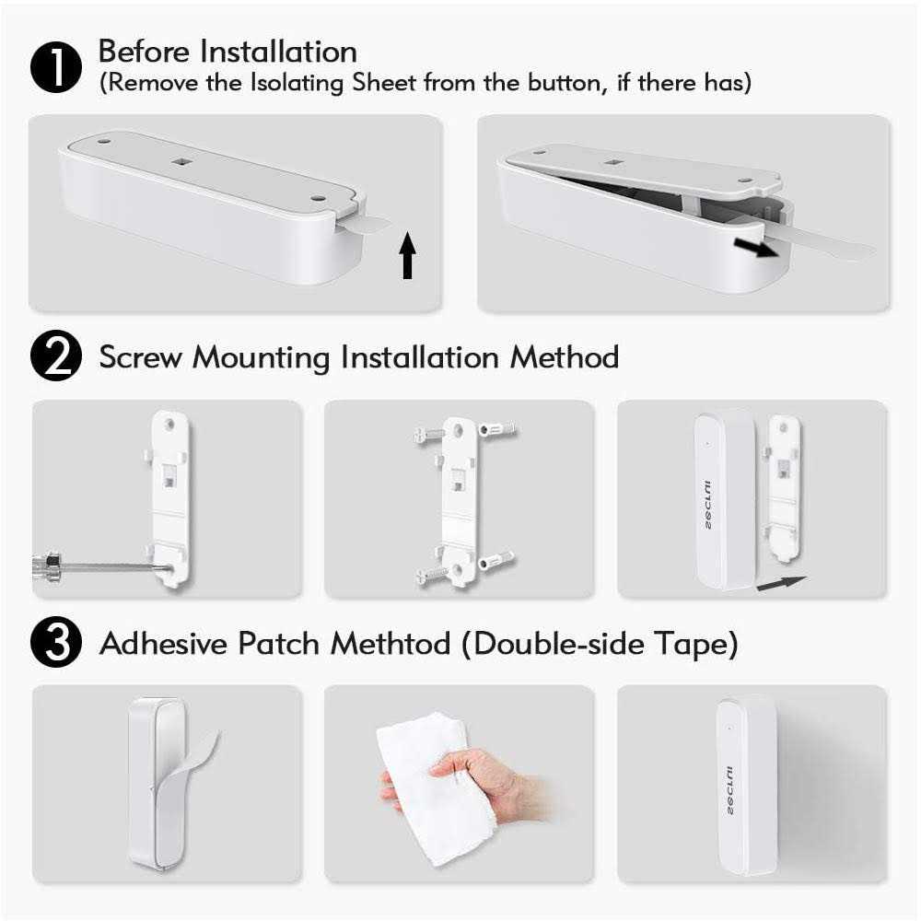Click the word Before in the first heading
tap(146, 52)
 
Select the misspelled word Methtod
tap(391, 644)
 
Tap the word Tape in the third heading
tap(705, 644)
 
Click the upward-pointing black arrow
tap(407, 257)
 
